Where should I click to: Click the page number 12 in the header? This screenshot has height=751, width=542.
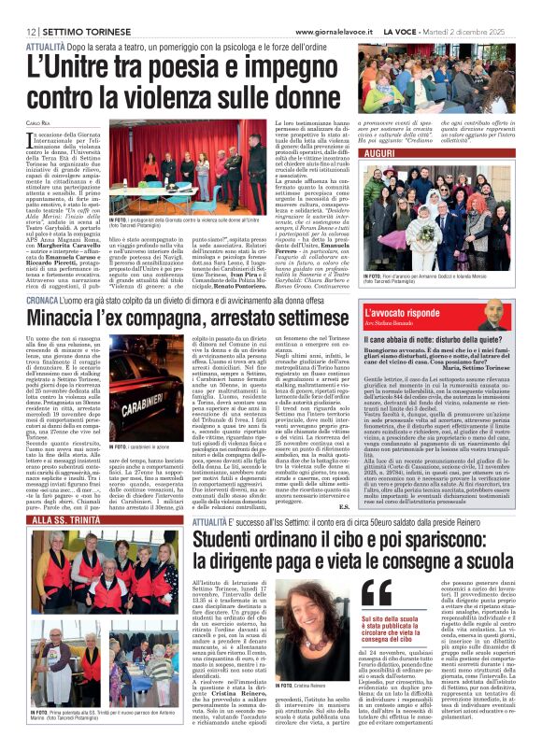pos(18,7)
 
